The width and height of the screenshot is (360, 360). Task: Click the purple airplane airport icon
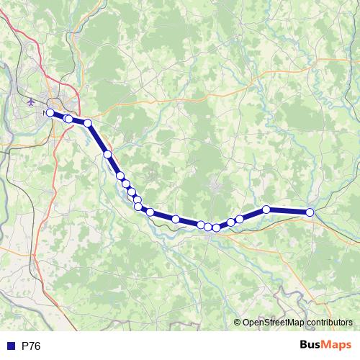31,102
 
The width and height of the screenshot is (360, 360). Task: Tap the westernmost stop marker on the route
49,113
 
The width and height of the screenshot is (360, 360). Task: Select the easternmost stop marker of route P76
310,212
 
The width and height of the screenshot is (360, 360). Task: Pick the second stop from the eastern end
266,209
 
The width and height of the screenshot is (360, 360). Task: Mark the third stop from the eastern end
239,218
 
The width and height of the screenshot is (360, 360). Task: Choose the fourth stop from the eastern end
230,222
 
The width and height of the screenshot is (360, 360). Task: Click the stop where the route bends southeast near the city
88,123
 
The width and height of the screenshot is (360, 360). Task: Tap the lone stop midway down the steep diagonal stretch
107,154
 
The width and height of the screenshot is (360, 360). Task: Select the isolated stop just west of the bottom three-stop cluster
175,219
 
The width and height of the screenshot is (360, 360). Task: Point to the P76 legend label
31,346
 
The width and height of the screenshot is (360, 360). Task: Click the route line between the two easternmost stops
288,210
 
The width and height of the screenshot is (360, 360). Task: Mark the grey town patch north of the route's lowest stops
216,189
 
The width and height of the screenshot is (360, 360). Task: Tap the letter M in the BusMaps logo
327,345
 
